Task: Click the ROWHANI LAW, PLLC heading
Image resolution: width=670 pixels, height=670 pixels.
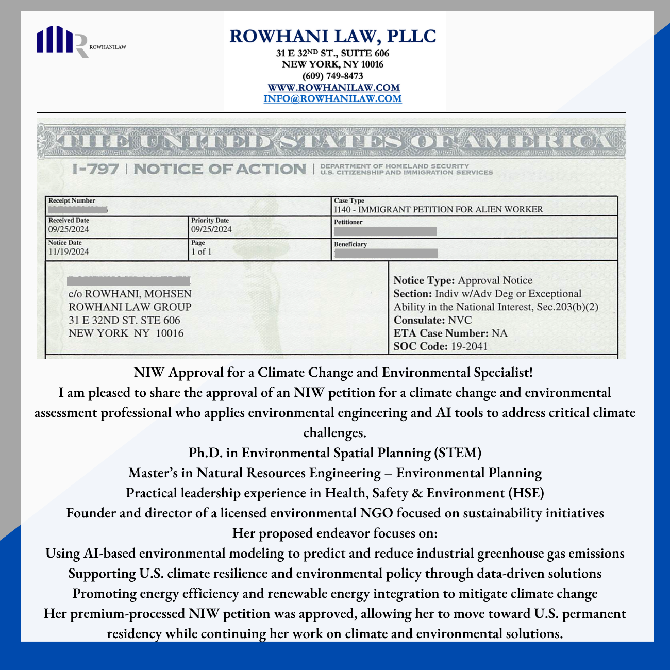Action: point(333,36)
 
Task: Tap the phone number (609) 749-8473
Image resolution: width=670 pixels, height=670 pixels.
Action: point(333,76)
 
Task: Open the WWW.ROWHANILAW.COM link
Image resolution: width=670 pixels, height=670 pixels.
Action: point(333,88)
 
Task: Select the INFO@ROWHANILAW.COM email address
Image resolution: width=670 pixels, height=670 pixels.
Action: point(332,99)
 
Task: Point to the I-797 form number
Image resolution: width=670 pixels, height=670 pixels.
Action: point(96,169)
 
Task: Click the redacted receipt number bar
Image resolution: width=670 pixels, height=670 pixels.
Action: point(77,210)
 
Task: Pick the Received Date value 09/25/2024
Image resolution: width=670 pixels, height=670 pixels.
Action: point(69,229)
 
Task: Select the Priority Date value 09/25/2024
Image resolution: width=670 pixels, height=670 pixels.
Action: point(211,229)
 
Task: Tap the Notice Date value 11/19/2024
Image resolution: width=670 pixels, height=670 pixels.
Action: point(69,252)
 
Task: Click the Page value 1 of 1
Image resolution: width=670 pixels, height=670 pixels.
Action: point(201,252)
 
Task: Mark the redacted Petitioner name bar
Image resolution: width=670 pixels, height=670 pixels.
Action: point(385,231)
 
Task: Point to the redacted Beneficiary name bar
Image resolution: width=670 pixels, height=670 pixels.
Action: point(386,253)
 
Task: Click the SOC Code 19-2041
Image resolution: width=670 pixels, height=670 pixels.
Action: point(469,346)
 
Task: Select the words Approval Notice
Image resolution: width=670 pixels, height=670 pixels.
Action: point(495,280)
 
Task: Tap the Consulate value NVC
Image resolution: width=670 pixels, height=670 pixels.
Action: point(460,320)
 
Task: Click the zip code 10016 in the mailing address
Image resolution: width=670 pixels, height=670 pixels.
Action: point(170,333)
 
